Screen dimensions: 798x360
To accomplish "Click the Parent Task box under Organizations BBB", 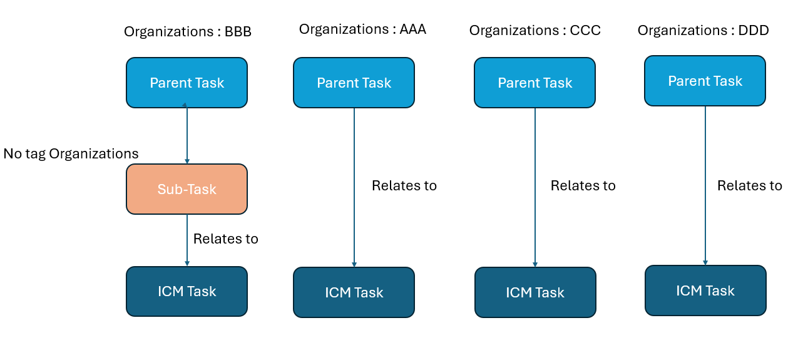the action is coord(187,83).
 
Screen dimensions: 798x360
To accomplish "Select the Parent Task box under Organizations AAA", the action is coord(354,83).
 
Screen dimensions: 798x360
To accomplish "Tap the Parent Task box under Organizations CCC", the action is coord(535,83).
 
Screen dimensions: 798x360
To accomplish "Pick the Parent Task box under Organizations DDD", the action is coord(705,81).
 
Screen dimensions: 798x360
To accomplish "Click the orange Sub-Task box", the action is coord(187,189).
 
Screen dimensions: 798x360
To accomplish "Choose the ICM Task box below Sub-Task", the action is coord(187,291).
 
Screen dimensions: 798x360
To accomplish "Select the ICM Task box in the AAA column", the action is coord(354,292).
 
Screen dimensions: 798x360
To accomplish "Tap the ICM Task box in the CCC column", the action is coord(535,292).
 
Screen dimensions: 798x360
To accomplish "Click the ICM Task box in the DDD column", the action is coord(705,291).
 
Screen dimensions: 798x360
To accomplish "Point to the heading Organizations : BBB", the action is coord(188,32).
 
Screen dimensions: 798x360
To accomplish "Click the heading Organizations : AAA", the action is coord(362,29).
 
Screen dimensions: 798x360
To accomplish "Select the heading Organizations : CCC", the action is coord(535,31).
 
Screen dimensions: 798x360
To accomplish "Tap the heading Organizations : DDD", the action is coord(703,31).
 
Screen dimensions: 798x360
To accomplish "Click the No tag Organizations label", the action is coord(71,153).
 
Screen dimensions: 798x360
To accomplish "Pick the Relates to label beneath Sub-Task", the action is coord(225,239).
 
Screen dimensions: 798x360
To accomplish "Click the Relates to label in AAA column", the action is coord(404,186).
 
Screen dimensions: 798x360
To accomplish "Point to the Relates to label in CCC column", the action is coord(583,186).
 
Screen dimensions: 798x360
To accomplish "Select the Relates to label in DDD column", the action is coord(750,186).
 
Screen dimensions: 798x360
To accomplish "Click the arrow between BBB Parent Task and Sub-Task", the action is coord(187,133).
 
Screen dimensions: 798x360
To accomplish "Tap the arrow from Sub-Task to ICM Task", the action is coord(187,240).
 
